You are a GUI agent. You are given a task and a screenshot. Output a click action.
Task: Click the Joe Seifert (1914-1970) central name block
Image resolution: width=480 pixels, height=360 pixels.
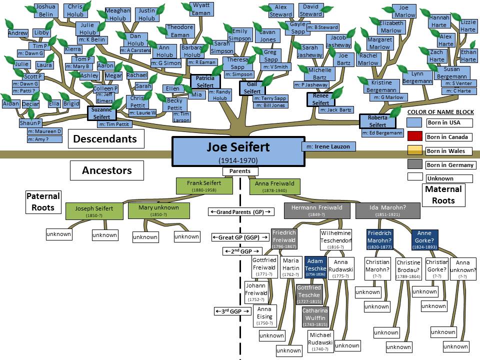coord(238,151)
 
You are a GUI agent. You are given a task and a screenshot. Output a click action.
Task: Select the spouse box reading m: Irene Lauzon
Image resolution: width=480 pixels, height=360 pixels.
coord(329,146)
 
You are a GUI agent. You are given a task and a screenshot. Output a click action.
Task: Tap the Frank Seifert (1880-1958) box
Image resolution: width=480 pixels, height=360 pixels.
coord(205,186)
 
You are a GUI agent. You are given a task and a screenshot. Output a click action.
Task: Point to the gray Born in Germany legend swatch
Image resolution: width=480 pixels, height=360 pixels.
coord(414,165)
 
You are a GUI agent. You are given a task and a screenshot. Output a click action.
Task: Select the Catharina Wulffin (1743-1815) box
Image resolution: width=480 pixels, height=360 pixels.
coord(313,317)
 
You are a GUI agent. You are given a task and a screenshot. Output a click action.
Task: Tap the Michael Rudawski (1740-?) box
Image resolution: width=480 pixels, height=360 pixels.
coord(320,341)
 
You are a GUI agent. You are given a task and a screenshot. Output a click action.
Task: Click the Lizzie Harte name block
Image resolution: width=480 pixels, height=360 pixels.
coord(468,25)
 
